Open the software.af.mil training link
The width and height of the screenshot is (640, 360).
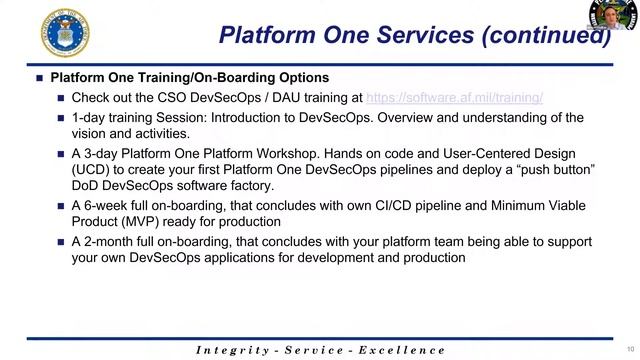[x=454, y=98]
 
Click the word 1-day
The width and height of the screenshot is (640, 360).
[x=88, y=118]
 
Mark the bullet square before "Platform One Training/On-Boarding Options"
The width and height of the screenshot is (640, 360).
[x=39, y=78]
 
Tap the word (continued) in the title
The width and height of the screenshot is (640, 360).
[x=545, y=35]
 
